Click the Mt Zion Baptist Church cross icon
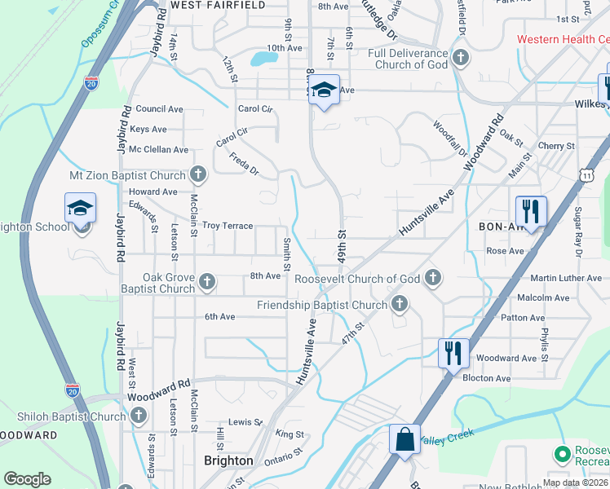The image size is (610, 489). [198, 174]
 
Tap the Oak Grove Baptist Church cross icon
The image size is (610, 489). [207, 282]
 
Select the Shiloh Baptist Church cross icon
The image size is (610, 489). [138, 415]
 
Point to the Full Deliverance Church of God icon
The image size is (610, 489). [461, 58]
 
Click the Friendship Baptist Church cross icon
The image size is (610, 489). [399, 305]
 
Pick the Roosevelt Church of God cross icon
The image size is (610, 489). [433, 278]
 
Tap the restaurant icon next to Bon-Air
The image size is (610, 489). [531, 211]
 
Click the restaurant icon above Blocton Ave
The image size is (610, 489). [453, 354]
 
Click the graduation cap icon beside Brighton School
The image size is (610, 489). [81, 209]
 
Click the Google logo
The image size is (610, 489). [27, 479]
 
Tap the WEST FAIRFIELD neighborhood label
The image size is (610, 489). [219, 5]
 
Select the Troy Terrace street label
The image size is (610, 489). [228, 225]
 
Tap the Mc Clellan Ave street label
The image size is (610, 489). [159, 150]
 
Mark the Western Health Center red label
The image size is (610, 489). [563, 39]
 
